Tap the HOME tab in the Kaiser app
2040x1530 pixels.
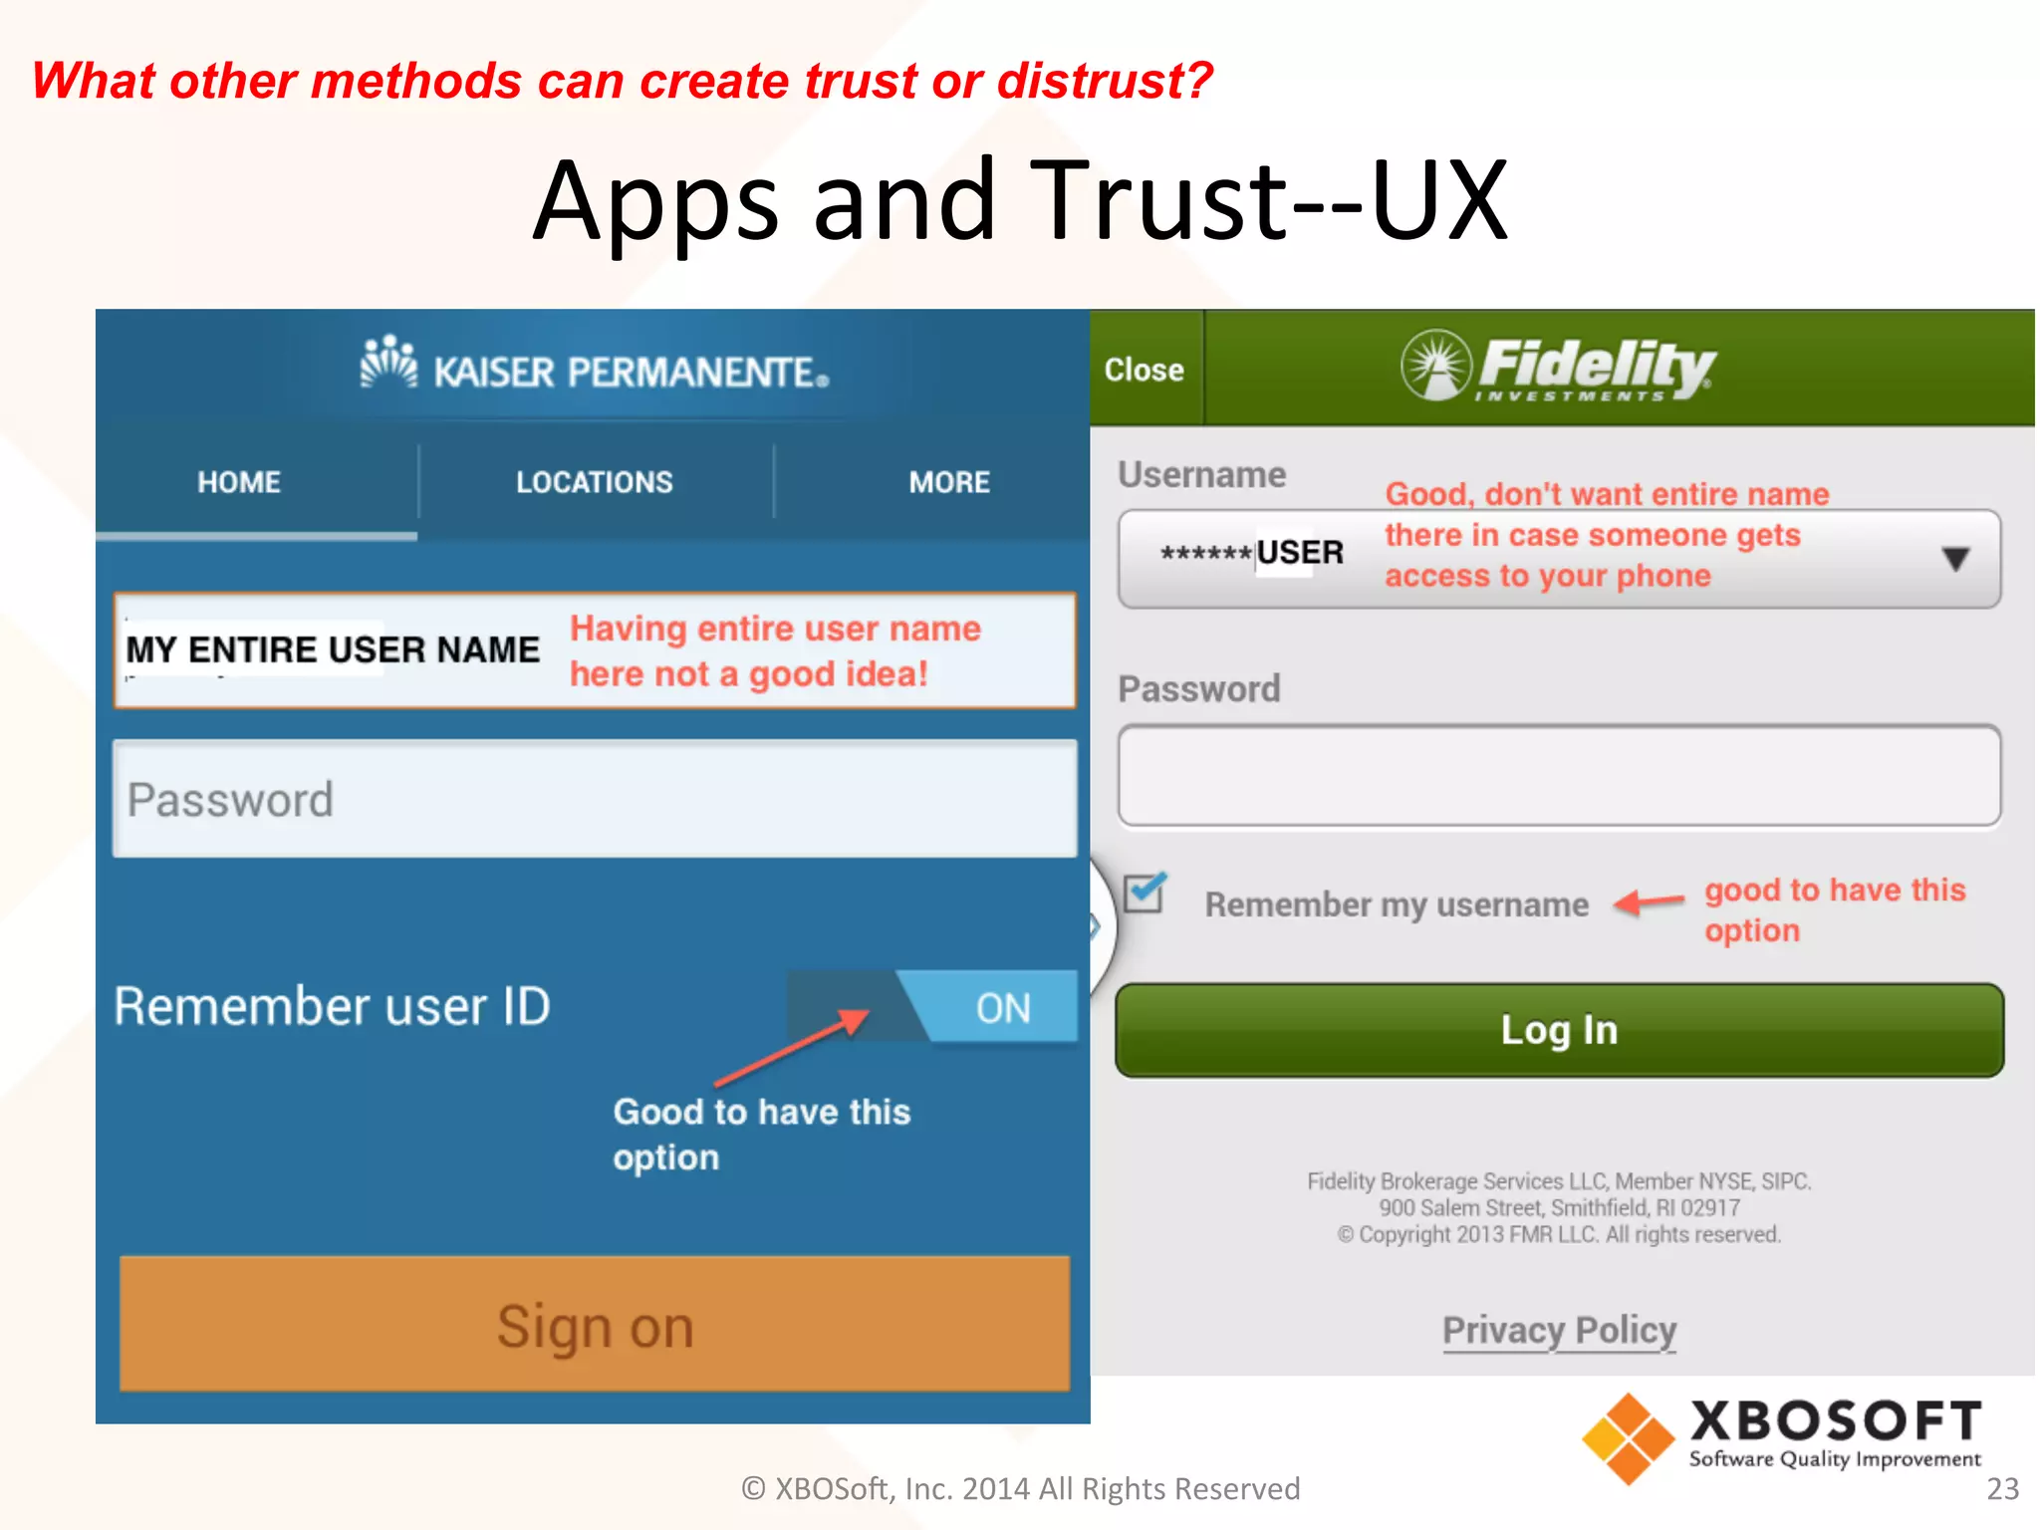239,482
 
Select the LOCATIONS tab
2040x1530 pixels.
595,482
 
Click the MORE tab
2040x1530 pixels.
948,482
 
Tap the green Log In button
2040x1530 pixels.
1559,1030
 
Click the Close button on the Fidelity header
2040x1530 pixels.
1144,370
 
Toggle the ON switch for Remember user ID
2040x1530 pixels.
1002,1008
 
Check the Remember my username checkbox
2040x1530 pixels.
1144,892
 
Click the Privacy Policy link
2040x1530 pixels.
1559,1331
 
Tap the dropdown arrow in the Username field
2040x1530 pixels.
1955,559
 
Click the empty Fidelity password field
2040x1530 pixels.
1559,776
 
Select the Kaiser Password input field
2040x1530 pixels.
595,799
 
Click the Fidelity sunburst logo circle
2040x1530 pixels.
1435,365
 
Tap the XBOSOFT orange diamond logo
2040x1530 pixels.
1628,1438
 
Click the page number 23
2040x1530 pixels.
2002,1488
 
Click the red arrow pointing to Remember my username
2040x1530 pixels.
1649,902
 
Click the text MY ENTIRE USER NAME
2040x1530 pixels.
332,649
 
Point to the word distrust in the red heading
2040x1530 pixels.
1104,81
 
